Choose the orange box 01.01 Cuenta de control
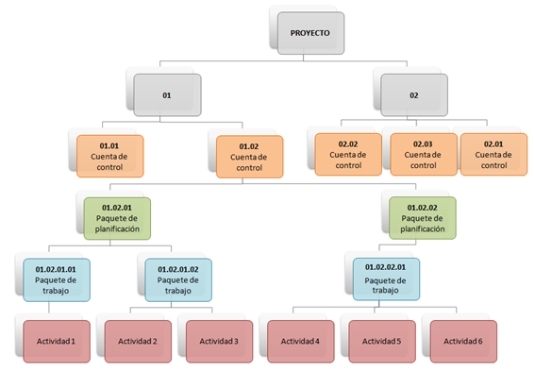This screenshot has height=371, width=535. pyautogui.click(x=109, y=156)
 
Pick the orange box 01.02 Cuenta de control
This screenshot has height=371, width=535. pyautogui.click(x=249, y=157)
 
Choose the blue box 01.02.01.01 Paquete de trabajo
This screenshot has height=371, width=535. pyautogui.click(x=56, y=279)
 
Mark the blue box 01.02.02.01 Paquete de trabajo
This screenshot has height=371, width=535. pyautogui.click(x=387, y=279)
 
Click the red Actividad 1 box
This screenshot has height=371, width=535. pyautogui.click(x=56, y=340)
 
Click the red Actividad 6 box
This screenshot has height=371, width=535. pyautogui.click(x=463, y=340)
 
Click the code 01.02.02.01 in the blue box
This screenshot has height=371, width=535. pyautogui.click(x=387, y=269)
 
